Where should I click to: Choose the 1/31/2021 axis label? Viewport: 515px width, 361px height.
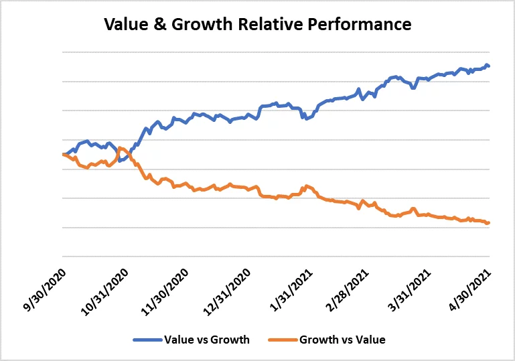point(290,283)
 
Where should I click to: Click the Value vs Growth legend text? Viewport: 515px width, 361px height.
point(206,340)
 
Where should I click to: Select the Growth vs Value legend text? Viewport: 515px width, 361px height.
point(342,340)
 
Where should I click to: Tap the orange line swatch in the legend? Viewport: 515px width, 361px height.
point(281,340)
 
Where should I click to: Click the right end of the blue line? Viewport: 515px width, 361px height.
point(489,66)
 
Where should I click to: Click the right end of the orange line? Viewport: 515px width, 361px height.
point(489,223)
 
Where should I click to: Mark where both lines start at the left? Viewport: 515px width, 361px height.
point(63,155)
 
